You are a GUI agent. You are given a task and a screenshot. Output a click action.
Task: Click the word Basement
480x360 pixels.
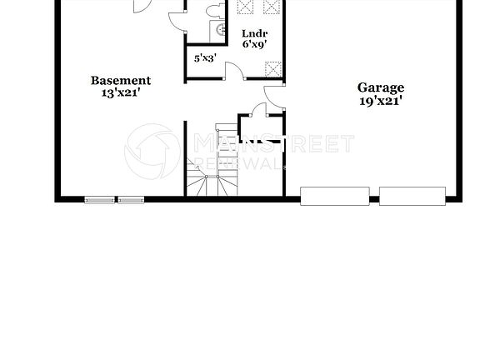tap(121, 81)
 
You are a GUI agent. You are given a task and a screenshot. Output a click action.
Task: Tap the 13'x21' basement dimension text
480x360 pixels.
tap(121, 93)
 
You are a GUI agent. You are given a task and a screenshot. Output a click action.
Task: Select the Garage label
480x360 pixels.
tap(381, 87)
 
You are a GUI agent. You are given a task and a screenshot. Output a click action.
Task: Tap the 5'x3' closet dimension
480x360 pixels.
tap(205, 58)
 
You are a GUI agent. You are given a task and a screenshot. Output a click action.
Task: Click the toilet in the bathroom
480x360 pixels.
tap(215, 11)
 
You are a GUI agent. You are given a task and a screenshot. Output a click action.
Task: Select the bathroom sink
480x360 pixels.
tap(222, 30)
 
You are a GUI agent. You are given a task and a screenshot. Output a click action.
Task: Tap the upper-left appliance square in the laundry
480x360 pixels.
tap(246, 7)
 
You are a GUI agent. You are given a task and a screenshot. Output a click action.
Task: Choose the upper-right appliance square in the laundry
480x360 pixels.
tap(272, 7)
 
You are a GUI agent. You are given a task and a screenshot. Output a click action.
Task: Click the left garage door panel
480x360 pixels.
tap(334, 196)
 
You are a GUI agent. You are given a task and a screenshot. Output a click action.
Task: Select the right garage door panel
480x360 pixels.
tap(412, 196)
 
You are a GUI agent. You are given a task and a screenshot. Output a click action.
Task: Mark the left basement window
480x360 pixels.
tap(100, 200)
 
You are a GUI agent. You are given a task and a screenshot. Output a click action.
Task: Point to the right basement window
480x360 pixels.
tap(130, 200)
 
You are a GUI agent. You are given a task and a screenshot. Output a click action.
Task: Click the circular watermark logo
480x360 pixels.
tap(152, 151)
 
